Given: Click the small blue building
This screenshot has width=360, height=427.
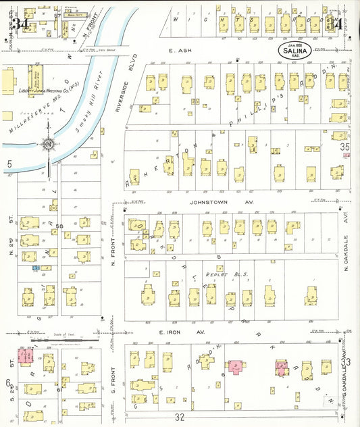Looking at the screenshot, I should [35, 268].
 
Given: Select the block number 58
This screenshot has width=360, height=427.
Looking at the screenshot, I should [60, 225].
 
